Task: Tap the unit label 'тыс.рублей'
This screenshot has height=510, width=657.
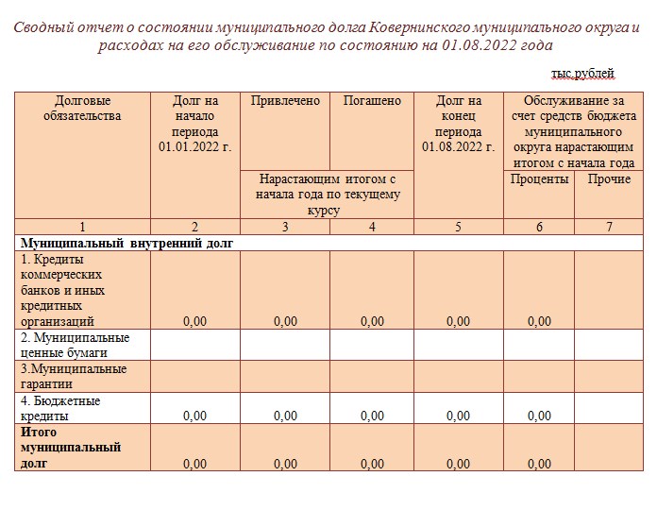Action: pos(582,73)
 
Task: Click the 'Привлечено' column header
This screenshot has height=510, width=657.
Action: pos(285,101)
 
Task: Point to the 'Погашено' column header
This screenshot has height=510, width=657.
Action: pos(372,101)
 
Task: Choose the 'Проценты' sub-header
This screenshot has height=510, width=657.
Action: pos(539,179)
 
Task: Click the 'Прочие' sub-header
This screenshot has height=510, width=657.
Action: pos(609,179)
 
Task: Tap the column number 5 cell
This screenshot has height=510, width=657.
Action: pos(458,227)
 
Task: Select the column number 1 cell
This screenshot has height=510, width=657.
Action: pos(82,227)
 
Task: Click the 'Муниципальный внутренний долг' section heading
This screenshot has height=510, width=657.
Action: pos(126,243)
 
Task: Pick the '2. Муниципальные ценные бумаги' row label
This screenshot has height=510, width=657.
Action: pos(75,345)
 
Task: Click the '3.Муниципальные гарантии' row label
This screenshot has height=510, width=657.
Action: pos(74,376)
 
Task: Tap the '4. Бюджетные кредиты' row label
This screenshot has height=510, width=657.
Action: pos(60,408)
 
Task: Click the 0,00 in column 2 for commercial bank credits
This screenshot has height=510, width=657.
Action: pos(194,321)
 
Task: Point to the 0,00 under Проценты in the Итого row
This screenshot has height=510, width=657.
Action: pos(539,464)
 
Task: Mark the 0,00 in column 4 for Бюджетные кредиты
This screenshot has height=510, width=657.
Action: pos(372,416)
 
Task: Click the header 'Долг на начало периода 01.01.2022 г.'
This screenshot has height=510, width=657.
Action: pos(195,124)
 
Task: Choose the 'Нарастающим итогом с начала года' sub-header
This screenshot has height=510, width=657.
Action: pos(328,194)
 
